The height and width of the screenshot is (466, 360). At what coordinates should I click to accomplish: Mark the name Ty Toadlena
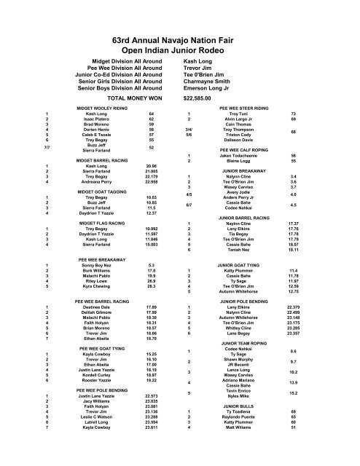tap(238, 432)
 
